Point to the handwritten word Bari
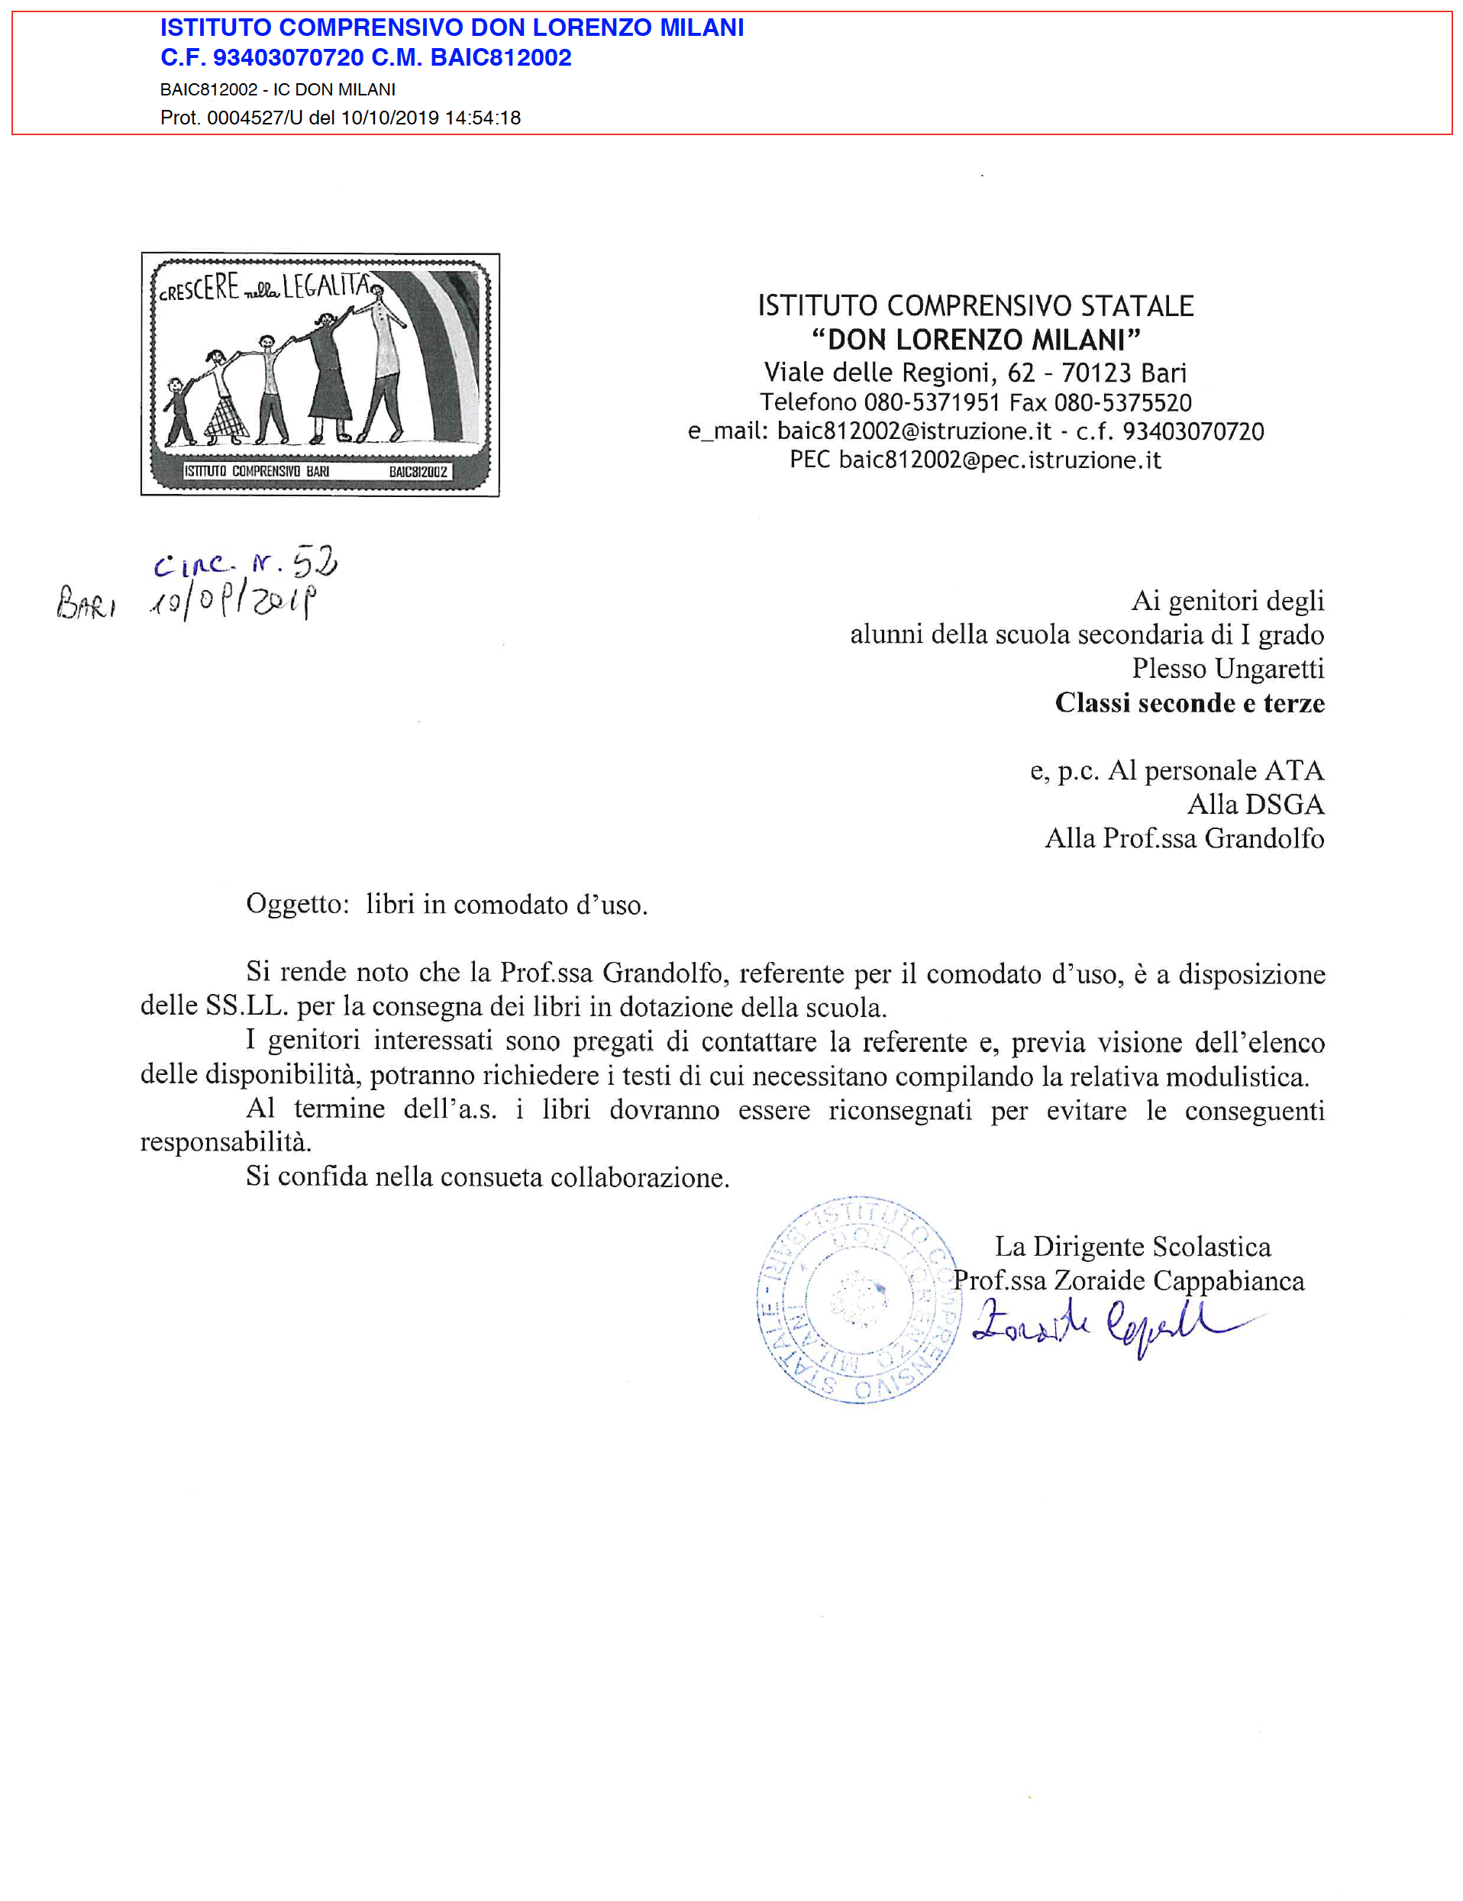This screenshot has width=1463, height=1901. click(x=86, y=602)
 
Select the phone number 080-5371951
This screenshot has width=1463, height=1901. click(x=932, y=402)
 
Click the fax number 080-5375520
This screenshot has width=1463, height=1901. click(x=1122, y=402)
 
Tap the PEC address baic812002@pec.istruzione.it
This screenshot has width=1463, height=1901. click(x=999, y=460)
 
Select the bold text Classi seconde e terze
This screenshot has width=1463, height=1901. click(x=1189, y=702)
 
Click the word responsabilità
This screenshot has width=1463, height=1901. click(x=225, y=1142)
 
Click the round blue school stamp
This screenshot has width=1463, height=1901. click(x=858, y=1299)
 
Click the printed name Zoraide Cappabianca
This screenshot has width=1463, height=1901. click(x=1178, y=1280)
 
